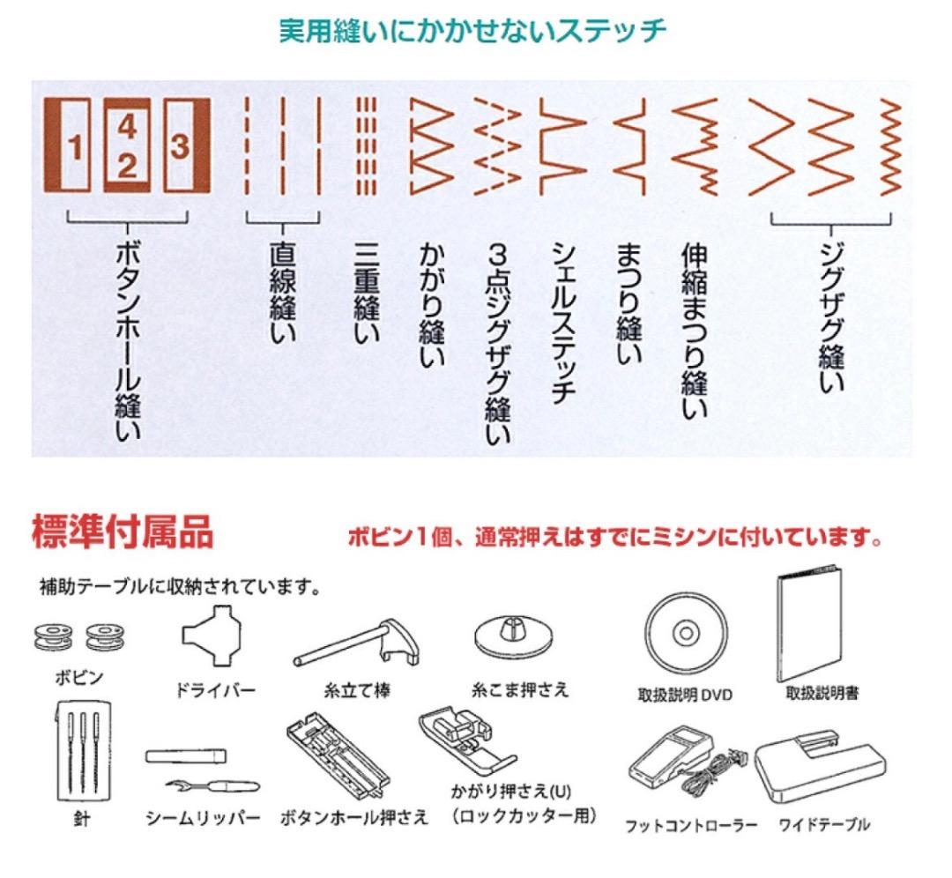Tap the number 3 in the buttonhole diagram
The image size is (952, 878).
(180, 146)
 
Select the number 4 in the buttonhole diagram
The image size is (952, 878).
(127, 128)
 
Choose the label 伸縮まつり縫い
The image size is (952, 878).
(695, 331)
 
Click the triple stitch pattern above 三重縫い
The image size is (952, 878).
(366, 145)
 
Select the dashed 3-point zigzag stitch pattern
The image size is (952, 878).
(496, 145)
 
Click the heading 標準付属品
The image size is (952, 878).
(123, 533)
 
